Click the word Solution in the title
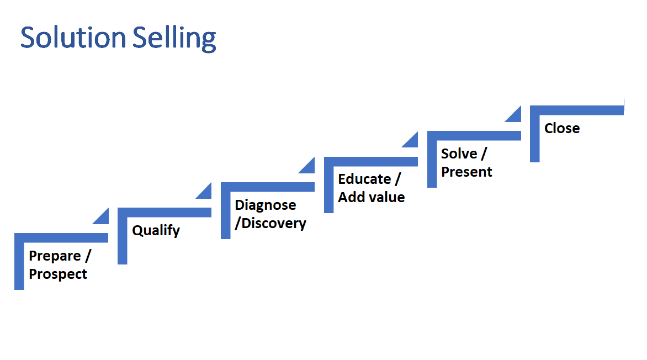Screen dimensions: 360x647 [73, 38]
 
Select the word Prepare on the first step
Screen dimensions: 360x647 [55, 256]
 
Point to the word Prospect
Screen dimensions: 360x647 [58, 274]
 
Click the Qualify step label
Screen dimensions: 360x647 [156, 230]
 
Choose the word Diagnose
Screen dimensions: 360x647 [266, 205]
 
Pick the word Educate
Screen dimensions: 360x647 [364, 179]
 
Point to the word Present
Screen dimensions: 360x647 [466, 172]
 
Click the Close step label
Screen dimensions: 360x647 [562, 128]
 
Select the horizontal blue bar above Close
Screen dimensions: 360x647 [577, 110]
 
